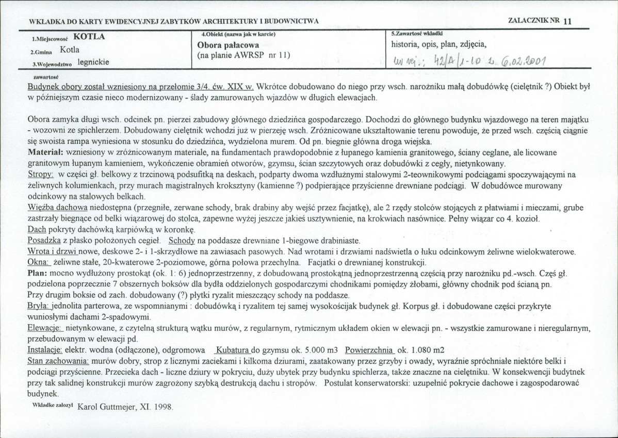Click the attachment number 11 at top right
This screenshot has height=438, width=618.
coord(567,21)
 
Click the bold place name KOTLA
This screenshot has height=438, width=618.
coord(89,37)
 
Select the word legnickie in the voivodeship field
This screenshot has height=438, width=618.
coord(94,62)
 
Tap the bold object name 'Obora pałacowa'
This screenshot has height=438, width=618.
coord(224,45)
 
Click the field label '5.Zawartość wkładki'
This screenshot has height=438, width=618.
coord(414,34)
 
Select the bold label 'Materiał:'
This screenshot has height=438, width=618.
coord(45,153)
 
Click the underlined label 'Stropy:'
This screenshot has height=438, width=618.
coord(41,175)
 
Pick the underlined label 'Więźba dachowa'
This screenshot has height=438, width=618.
coord(57,208)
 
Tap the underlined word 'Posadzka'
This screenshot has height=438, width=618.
coord(44,241)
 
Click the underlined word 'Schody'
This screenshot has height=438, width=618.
coord(182,241)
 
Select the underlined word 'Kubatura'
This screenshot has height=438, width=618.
coord(233,349)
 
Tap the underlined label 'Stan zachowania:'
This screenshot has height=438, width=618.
coord(58,360)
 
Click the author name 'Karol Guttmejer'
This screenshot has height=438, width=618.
coord(107,406)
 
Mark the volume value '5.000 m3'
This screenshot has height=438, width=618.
coord(322,349)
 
